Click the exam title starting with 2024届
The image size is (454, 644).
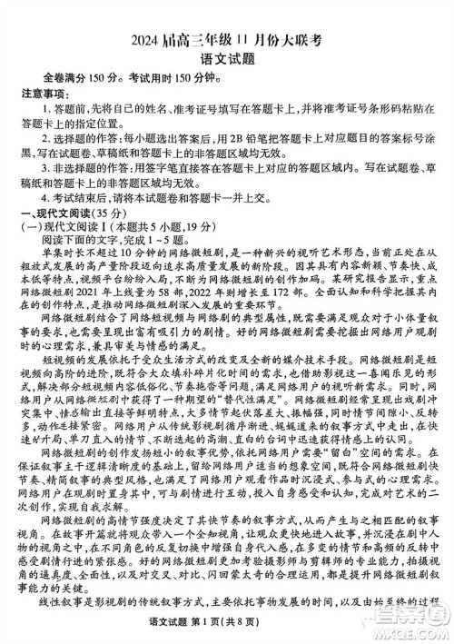(226, 14)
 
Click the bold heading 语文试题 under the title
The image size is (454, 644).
(227, 35)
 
